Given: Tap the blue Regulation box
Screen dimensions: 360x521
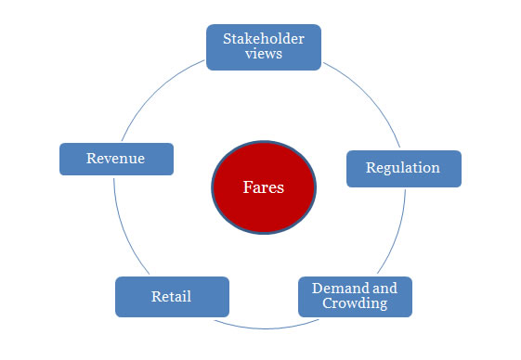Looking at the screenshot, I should click(403, 168).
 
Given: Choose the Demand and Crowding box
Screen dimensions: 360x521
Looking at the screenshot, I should click(354, 296).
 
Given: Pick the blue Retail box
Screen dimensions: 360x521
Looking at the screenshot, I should click(171, 296).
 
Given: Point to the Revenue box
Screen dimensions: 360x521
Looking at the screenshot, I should click(116, 158).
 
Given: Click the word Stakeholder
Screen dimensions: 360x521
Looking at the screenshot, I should click(264, 39).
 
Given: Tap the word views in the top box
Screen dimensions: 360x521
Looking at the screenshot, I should click(264, 54).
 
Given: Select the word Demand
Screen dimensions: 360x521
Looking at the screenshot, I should click(341, 289).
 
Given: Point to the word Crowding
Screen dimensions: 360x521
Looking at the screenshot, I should click(354, 303).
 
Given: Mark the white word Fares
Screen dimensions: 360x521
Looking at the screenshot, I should click(264, 187).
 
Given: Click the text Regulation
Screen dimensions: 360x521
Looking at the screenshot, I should click(403, 168).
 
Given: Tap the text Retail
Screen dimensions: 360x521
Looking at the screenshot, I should click(171, 296).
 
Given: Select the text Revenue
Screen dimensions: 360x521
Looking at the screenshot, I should click(116, 158).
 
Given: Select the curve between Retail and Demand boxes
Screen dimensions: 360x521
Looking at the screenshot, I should click(263, 328).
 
